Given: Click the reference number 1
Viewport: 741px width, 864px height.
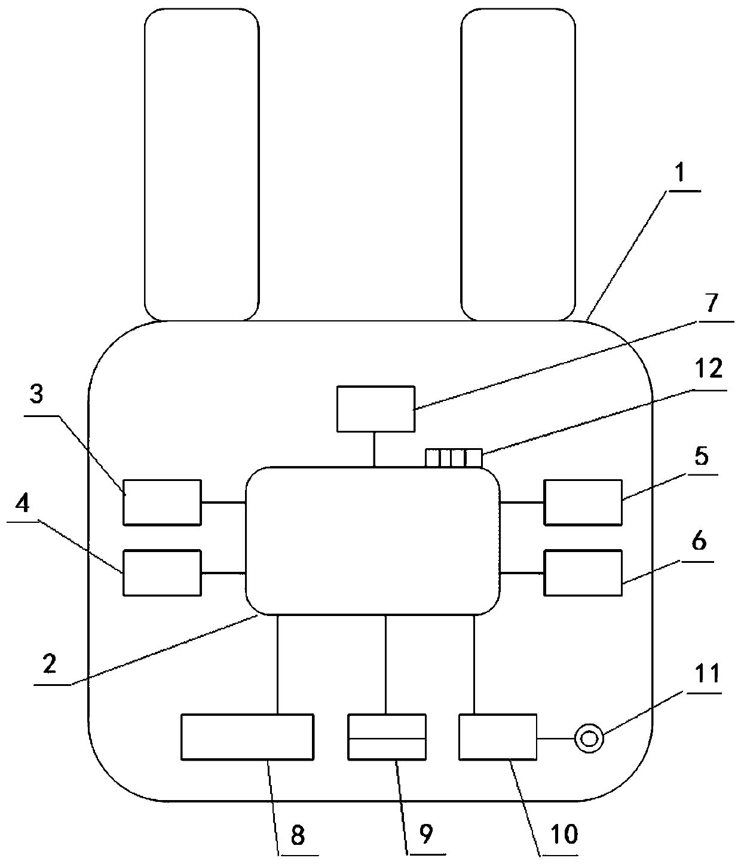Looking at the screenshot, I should point(682,174).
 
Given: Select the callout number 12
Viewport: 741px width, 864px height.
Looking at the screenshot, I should point(708,369).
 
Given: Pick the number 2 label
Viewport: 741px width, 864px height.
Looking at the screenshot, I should point(50,664).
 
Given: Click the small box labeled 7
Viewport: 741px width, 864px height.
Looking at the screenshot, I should point(375,409).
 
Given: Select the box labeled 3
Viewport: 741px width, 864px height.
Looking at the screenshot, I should point(162,502).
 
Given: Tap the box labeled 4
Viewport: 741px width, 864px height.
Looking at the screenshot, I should point(162,573).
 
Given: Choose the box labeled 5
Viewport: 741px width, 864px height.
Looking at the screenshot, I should point(583,502).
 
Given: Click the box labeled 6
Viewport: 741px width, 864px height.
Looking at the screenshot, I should point(583,573).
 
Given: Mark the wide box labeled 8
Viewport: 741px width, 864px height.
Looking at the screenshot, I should point(247,737).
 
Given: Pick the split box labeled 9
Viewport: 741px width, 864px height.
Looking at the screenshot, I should point(387,737).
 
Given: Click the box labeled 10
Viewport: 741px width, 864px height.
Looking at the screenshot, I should point(498,737).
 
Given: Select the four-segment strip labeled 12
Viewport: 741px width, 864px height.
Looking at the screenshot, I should point(453,458).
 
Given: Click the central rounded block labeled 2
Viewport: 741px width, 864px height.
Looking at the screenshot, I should point(373,541).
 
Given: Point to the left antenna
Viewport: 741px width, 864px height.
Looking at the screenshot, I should point(202,164).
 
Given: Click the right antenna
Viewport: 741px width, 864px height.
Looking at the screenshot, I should point(518,164).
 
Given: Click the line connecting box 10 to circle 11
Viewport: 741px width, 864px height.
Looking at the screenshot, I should point(555,739).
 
